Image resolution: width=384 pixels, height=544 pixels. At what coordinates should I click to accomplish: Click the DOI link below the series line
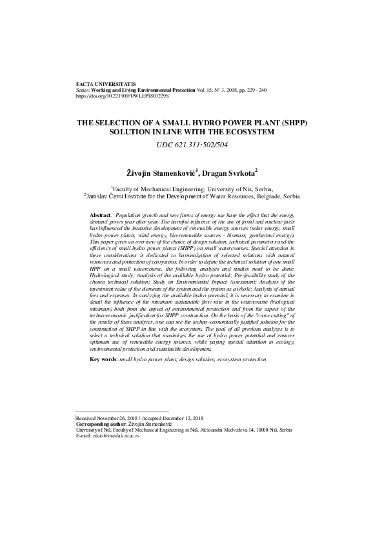coord(122,96)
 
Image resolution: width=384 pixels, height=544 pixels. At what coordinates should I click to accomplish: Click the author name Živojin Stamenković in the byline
coord(162,173)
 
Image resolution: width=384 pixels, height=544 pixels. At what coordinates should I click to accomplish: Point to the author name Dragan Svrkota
coord(230,173)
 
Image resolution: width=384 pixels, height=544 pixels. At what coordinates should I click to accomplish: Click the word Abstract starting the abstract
coord(100,214)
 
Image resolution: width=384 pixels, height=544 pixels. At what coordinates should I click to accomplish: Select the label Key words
coord(103,359)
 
